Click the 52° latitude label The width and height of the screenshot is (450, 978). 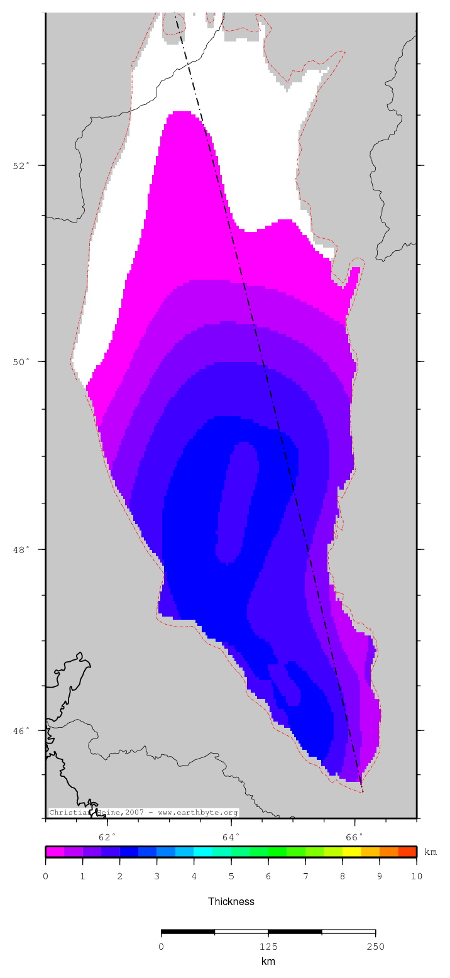(21, 165)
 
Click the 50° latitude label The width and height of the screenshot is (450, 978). (21, 361)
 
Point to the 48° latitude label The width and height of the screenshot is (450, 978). (21, 549)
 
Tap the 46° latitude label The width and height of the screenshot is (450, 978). (21, 730)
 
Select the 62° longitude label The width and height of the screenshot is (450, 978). (108, 837)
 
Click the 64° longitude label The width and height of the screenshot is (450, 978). (231, 837)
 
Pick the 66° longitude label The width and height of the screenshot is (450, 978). (355, 837)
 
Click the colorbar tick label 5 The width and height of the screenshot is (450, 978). (231, 876)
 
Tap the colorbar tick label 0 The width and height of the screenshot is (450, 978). (46, 876)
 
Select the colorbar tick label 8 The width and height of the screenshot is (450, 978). (343, 876)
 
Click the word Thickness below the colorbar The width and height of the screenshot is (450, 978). (231, 901)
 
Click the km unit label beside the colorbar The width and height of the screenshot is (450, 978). (431, 852)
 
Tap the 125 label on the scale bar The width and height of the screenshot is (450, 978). (268, 947)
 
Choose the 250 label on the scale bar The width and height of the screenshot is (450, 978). (375, 947)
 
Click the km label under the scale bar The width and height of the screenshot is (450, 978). (268, 961)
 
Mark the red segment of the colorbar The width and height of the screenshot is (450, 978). (407, 852)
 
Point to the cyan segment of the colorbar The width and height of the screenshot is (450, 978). (203, 852)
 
